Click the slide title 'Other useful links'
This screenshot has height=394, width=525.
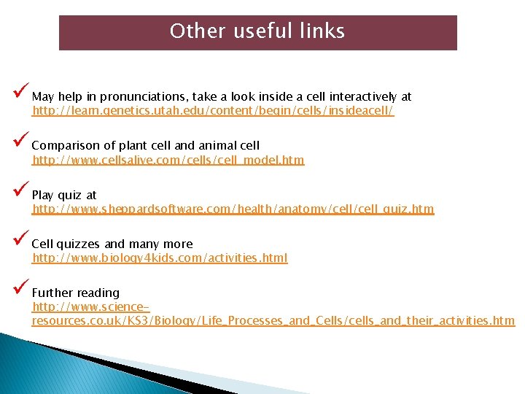257,31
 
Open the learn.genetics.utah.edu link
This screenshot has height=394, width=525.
213,111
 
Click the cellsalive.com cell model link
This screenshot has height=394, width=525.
168,160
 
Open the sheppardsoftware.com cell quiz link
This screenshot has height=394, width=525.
233,209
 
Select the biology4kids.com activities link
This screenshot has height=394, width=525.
160,258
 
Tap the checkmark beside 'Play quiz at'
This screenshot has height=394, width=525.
20,193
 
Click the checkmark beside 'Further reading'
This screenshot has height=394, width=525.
20,290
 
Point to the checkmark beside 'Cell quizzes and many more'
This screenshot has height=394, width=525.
20,241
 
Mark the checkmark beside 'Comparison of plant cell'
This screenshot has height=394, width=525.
20,143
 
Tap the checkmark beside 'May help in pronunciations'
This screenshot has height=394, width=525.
20,93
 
